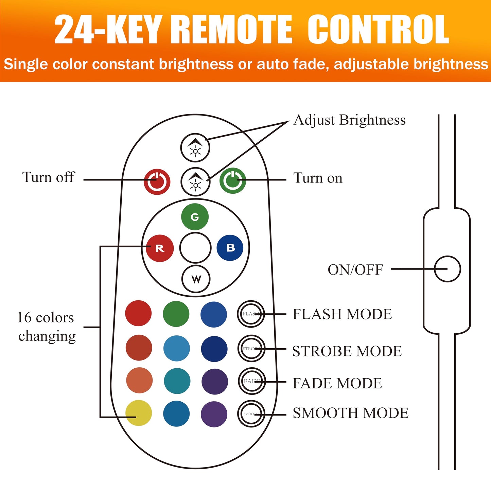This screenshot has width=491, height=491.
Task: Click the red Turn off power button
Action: click(157, 181)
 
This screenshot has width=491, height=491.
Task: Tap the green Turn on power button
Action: click(233, 180)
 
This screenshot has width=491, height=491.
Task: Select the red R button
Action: click(160, 248)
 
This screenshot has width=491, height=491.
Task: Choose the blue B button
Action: click(230, 248)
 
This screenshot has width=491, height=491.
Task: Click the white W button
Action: click(196, 279)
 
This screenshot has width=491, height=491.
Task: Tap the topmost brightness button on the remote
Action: click(195, 148)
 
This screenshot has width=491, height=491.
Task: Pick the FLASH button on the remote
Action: click(251, 314)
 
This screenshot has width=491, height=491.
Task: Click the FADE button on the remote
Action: click(251, 381)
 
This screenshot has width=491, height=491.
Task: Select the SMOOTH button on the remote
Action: click(251, 414)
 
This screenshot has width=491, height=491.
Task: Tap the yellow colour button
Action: click(139, 413)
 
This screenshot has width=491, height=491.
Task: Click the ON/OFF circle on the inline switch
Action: click(447, 269)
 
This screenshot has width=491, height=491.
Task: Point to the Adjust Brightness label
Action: click(349, 120)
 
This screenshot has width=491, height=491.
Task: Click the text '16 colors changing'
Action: click(46, 327)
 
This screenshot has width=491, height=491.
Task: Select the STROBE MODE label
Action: click(347, 351)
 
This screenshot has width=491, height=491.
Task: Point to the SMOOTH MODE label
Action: click(350, 413)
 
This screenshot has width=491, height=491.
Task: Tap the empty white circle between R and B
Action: click(195, 248)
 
